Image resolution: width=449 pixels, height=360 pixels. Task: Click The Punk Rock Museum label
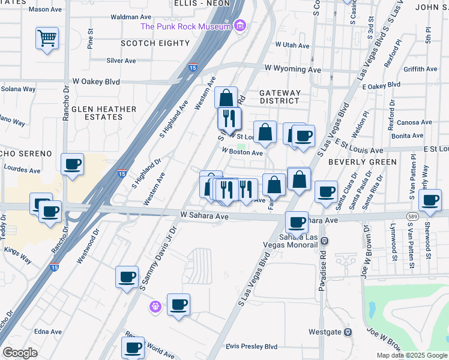(185, 26)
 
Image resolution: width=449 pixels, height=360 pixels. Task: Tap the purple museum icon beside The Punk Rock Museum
(240, 26)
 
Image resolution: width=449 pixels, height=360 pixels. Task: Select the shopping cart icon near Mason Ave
(47, 38)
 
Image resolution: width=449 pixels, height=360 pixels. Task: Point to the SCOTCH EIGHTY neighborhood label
(155, 43)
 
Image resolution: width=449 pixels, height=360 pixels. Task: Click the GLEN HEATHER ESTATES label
(104, 113)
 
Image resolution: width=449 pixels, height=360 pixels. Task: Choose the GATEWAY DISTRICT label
(280, 97)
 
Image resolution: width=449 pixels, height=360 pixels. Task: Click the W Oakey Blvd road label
(96, 82)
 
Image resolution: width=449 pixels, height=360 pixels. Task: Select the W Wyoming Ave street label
(298, 70)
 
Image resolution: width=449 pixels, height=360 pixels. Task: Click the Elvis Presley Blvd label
(252, 347)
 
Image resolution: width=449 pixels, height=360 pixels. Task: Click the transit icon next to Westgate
(348, 332)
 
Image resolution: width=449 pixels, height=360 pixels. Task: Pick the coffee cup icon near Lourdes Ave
(72, 164)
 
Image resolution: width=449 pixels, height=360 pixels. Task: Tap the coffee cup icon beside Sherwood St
(430, 200)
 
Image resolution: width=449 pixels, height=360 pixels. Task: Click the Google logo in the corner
(20, 353)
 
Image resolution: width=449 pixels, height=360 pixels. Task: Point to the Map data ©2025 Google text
(411, 355)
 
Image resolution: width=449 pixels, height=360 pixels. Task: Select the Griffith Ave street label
(420, 70)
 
